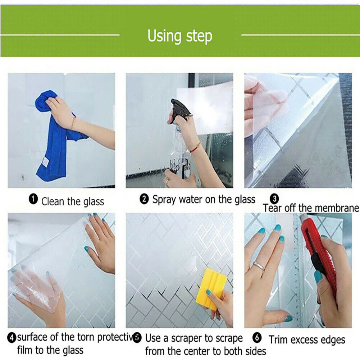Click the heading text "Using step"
(x=180, y=36)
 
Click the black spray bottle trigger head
(x=180, y=110)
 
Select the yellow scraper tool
(x=211, y=288)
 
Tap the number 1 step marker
(x=33, y=199)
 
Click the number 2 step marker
(x=144, y=199)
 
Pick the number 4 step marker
(x=12, y=338)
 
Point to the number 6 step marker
(x=257, y=337)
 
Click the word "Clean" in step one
(x=53, y=201)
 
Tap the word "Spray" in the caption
(x=164, y=200)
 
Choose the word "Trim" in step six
(x=278, y=340)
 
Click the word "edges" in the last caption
(x=334, y=340)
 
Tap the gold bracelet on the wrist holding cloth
(x=73, y=123)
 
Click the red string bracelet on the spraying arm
(x=196, y=147)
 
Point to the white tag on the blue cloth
(x=45, y=162)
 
